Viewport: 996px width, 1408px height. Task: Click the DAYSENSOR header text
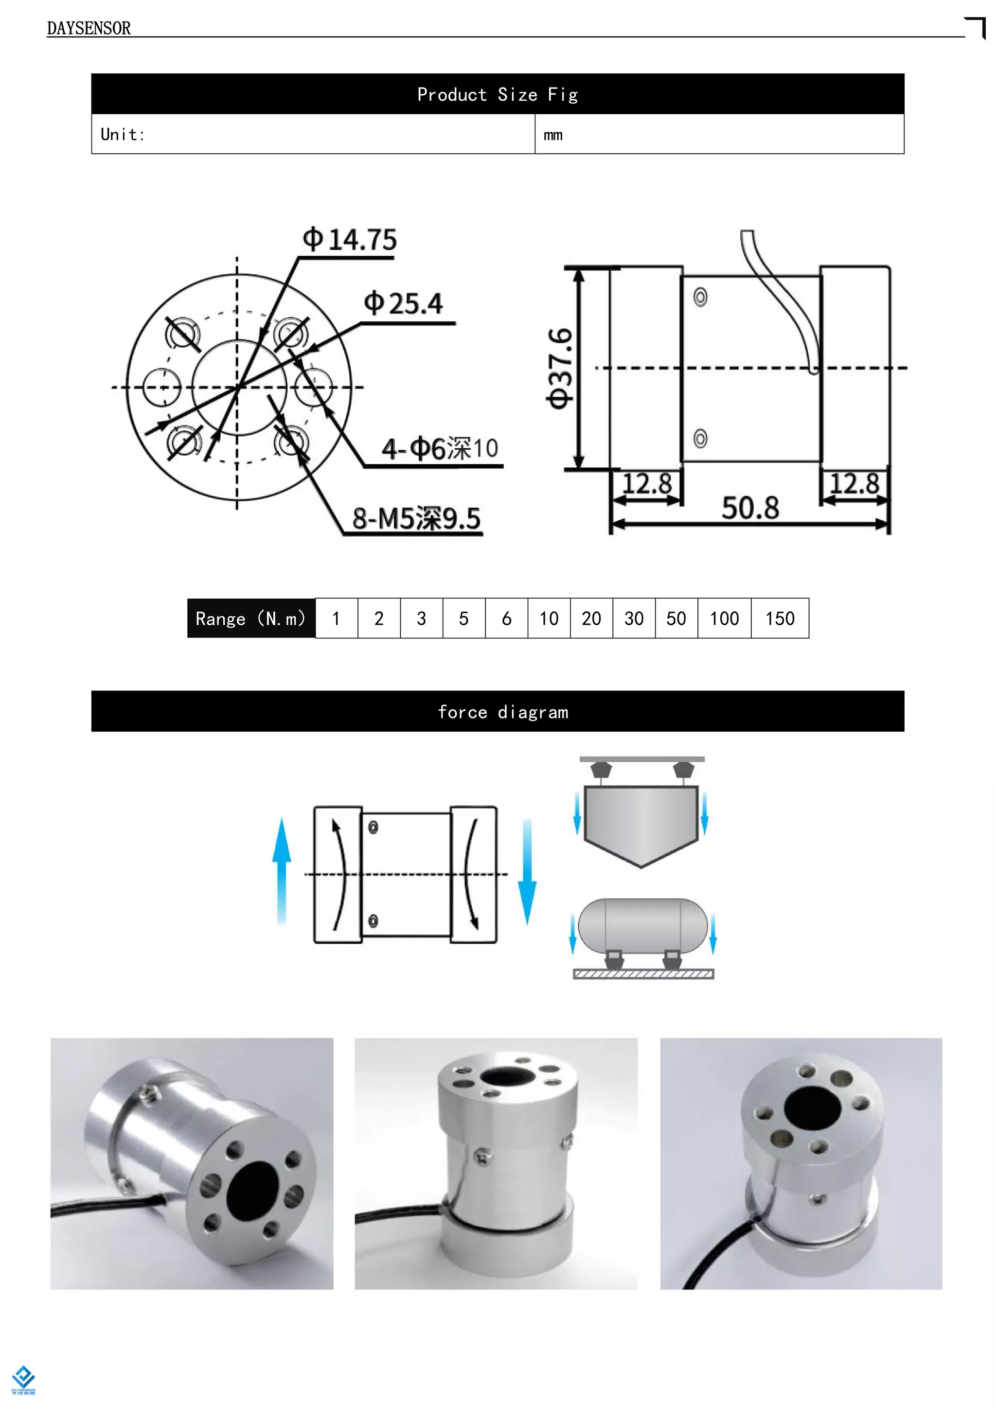(89, 28)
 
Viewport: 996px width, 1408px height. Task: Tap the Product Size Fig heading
(498, 94)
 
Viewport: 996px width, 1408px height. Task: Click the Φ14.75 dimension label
(350, 240)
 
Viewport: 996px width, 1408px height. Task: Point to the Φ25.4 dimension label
(403, 303)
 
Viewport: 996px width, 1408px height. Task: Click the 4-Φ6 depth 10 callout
(439, 449)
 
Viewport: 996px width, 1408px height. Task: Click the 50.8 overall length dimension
(750, 508)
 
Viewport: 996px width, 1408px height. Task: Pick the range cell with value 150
(780, 618)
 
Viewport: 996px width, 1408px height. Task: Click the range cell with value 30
(634, 618)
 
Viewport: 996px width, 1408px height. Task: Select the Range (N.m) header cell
(251, 618)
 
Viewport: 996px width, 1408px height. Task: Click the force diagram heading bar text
(503, 712)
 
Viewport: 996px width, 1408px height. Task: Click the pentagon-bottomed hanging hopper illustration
(641, 822)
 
